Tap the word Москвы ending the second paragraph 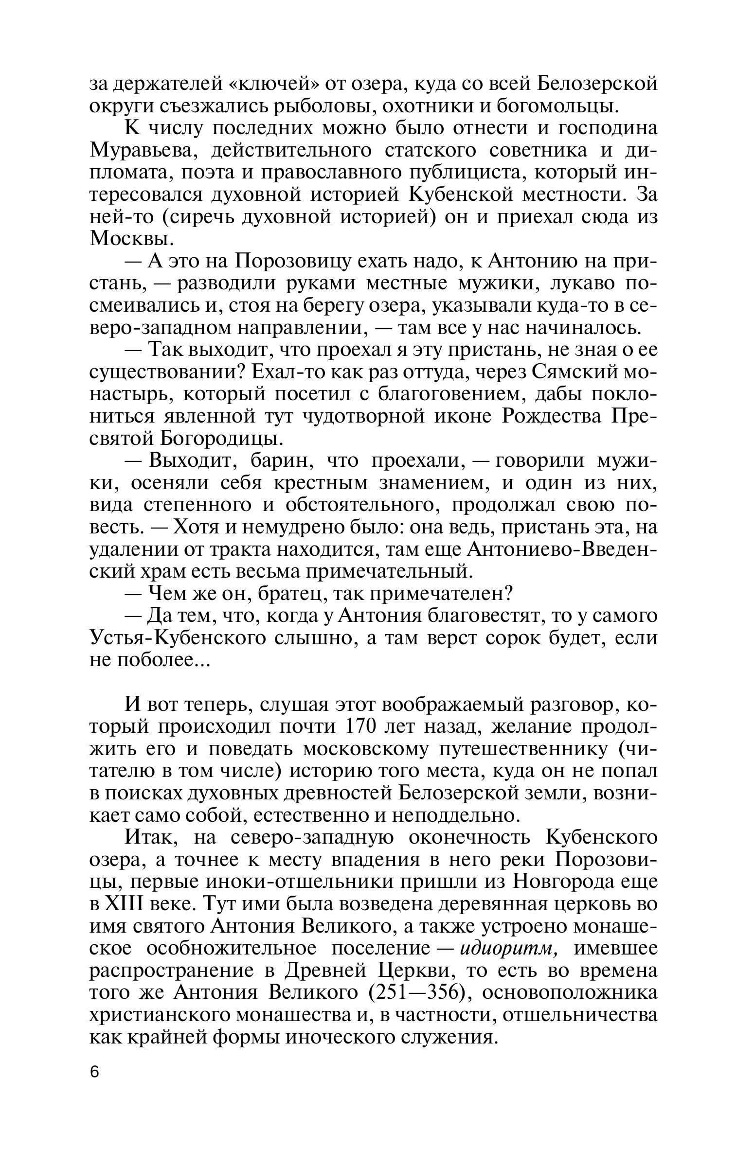point(130,239)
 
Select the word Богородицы point(221,439)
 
